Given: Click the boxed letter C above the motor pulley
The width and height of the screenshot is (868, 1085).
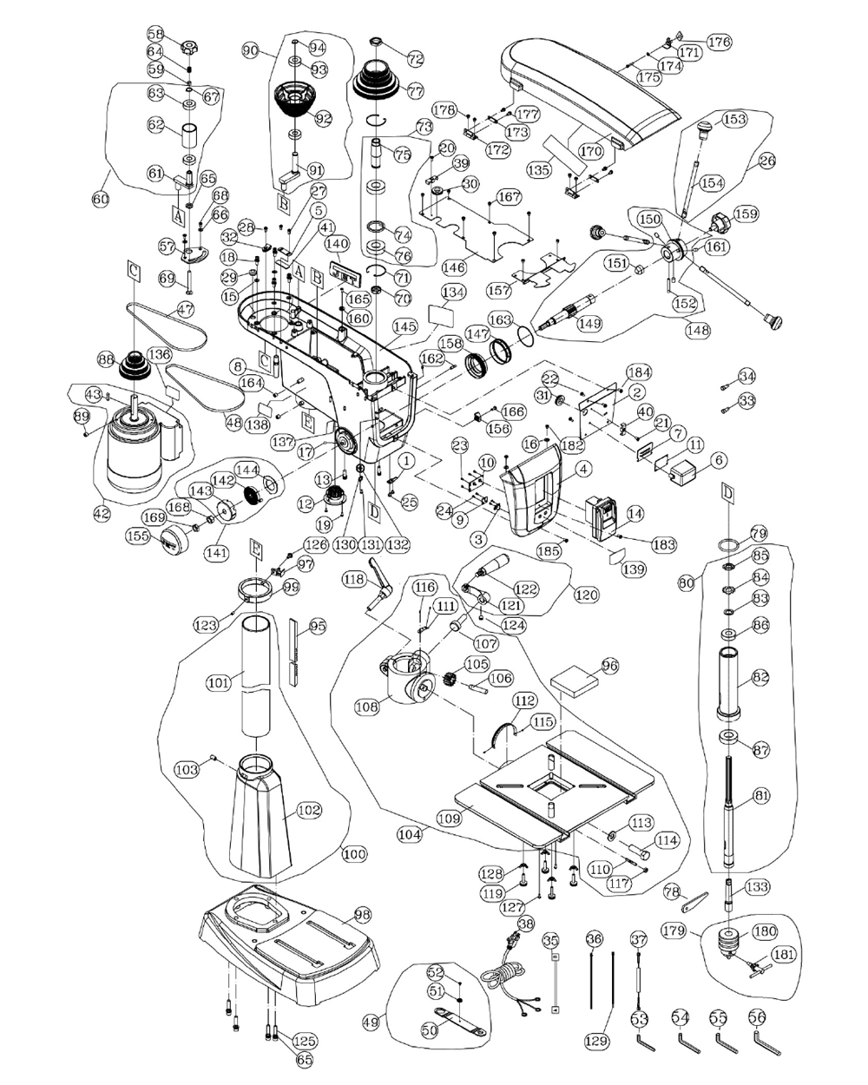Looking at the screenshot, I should [134, 270].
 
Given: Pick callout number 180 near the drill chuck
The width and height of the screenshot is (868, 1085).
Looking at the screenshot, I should [764, 931].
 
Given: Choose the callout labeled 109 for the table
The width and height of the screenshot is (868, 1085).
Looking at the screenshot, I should [448, 818].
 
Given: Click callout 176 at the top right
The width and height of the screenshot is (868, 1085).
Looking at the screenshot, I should [720, 41].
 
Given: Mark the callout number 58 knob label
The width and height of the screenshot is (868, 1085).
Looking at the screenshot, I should [155, 35].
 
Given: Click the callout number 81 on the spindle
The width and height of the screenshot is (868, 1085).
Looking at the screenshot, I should [760, 795].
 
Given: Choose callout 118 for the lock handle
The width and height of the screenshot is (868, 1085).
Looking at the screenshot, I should [352, 579].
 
